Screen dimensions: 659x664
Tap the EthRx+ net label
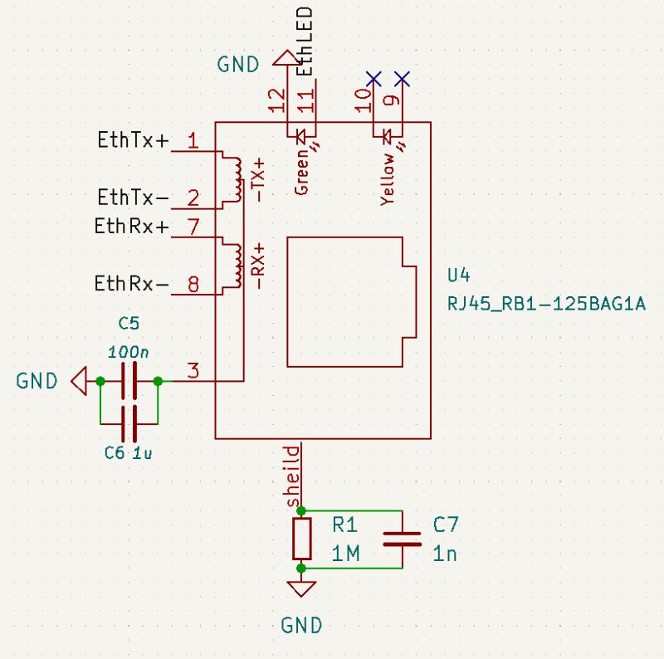[x=131, y=227]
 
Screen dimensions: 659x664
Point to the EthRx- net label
[x=131, y=284]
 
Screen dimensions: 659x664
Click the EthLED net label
[x=305, y=41]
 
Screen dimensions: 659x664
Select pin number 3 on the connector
[x=193, y=370]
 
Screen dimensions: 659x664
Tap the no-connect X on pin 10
[x=373, y=79]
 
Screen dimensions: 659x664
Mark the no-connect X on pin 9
[x=403, y=79]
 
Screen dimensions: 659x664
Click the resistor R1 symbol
[x=301, y=539]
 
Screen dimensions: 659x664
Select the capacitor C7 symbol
[x=403, y=539]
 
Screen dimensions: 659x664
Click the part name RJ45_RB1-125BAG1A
[x=546, y=305]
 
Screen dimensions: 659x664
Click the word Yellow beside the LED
[x=387, y=178]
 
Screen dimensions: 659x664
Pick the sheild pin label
[x=291, y=478]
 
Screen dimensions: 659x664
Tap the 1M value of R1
[x=345, y=554]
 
